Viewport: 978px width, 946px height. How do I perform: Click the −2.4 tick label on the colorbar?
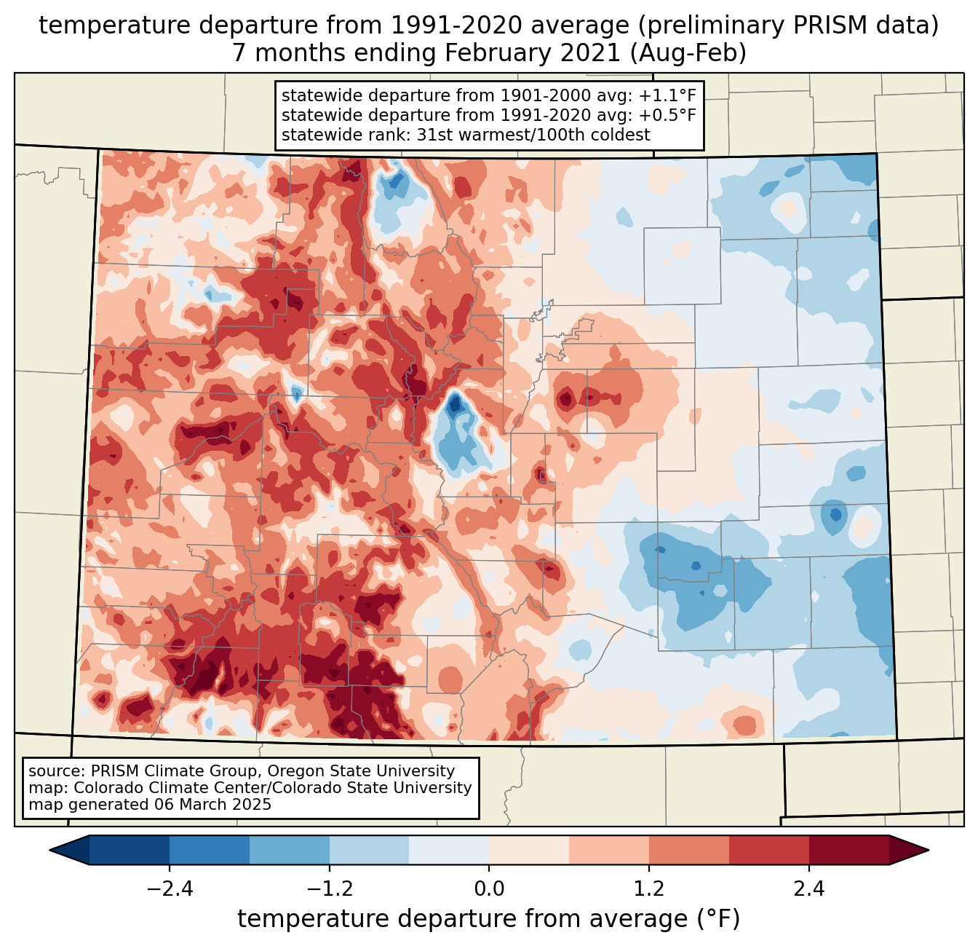click(x=170, y=889)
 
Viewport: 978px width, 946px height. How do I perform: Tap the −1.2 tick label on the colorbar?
click(x=329, y=889)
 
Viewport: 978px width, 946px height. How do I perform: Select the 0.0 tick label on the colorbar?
click(x=489, y=889)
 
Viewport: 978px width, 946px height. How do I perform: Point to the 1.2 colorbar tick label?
click(x=649, y=889)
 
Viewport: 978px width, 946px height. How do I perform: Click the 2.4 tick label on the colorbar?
click(x=809, y=889)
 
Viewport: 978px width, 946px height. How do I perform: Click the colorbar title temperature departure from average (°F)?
click(x=489, y=919)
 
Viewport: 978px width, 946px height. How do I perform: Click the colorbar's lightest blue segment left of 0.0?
click(x=449, y=850)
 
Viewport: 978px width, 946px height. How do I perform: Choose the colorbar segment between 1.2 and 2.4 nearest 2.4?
click(x=769, y=850)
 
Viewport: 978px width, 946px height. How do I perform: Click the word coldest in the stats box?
click(x=621, y=135)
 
